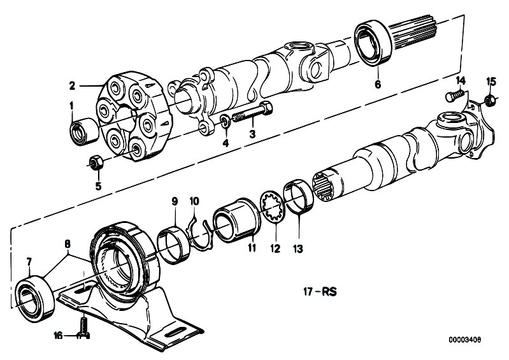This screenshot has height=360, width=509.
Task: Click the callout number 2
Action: [72, 85]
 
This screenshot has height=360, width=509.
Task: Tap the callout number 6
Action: [378, 84]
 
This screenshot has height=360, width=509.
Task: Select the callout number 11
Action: [252, 248]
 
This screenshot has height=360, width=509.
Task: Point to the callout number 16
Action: [58, 335]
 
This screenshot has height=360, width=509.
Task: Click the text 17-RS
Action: [320, 292]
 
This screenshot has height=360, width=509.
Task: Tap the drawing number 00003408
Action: [465, 340]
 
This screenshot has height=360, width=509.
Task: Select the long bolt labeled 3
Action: [252, 112]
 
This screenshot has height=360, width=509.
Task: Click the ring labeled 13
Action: [299, 197]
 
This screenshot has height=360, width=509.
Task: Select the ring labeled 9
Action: [174, 245]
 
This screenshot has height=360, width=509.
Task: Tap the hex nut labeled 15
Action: [490, 100]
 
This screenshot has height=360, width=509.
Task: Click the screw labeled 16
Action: [83, 328]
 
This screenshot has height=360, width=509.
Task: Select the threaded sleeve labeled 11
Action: [236, 220]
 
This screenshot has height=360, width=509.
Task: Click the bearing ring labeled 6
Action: [373, 43]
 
